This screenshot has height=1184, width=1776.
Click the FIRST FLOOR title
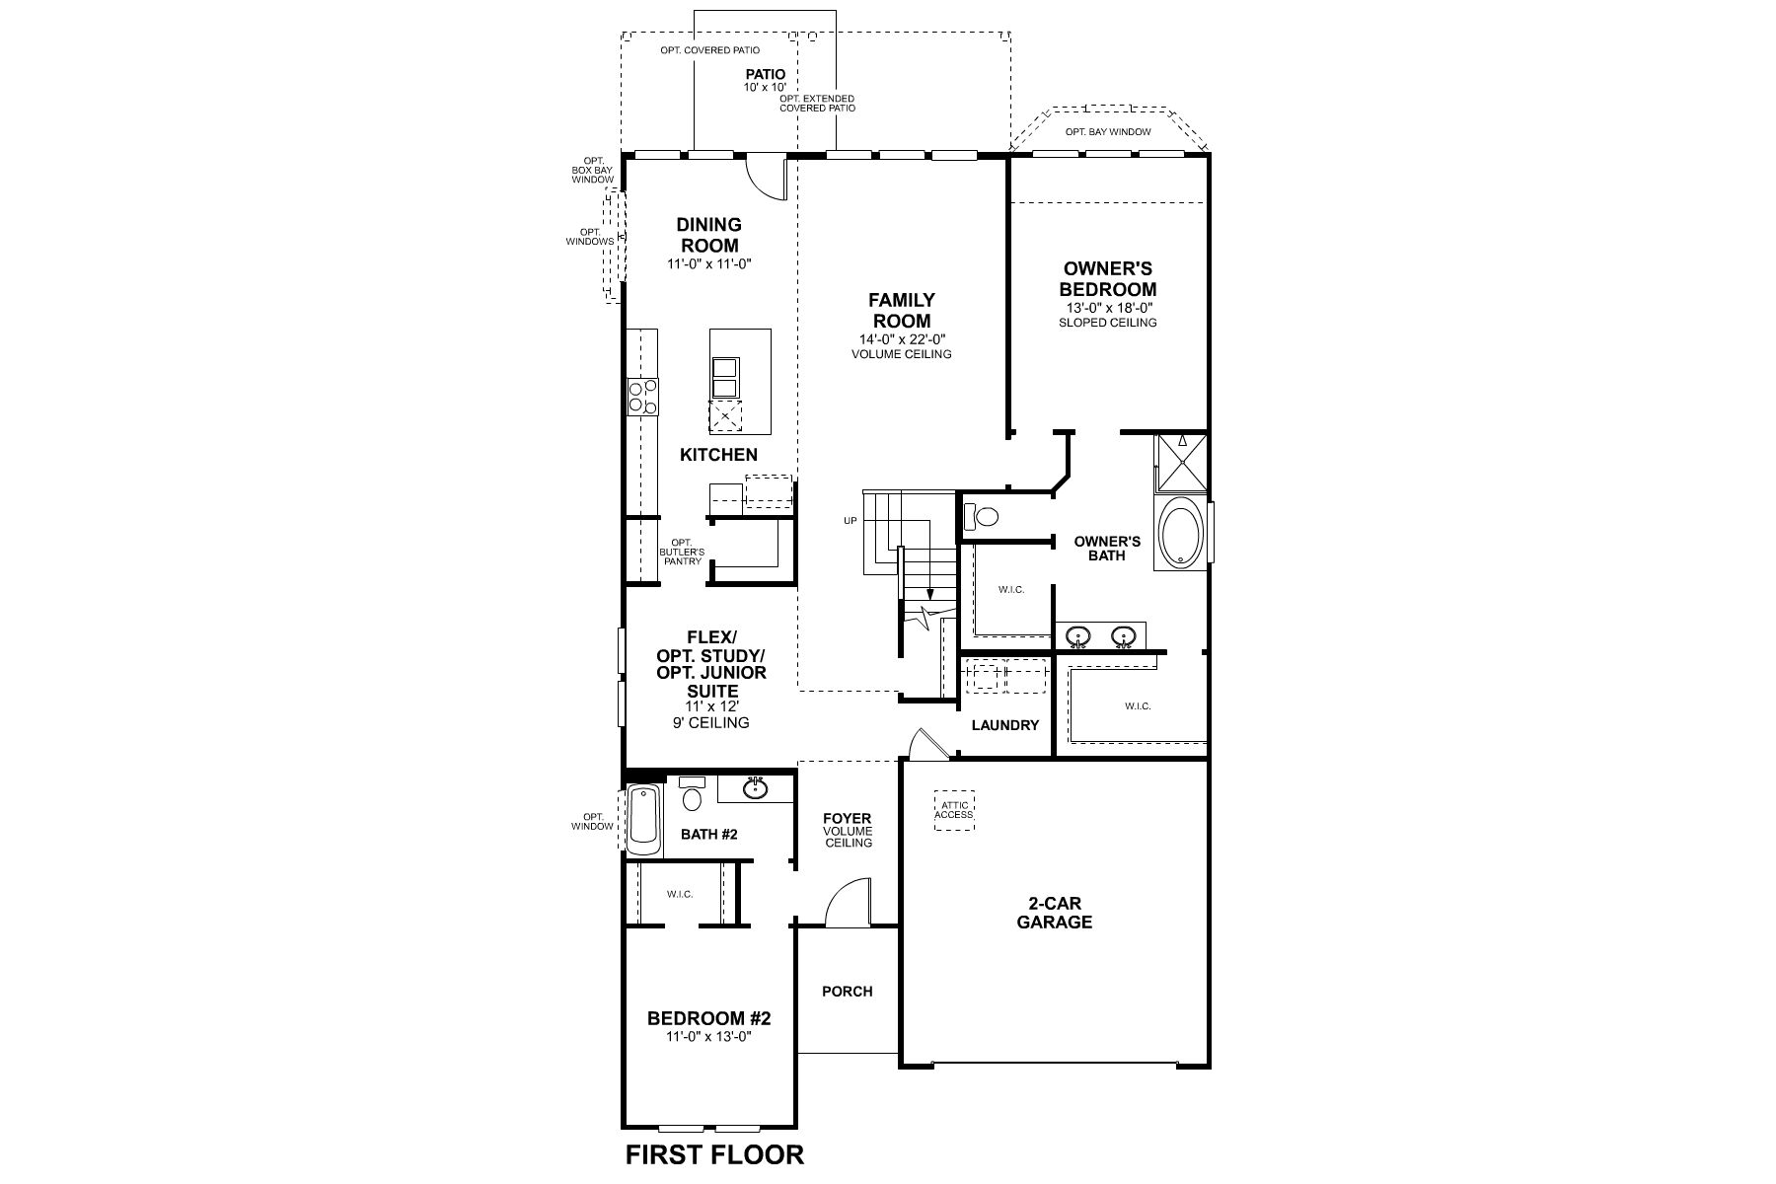[x=714, y=1154]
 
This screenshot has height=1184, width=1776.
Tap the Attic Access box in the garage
[x=955, y=810]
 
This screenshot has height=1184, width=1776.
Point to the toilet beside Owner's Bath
[x=982, y=516]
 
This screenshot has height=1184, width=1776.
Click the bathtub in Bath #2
[x=643, y=820]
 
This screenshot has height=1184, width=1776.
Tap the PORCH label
[x=848, y=992]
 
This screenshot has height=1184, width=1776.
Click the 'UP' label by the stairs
[x=851, y=521]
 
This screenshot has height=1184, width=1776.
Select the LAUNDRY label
[x=1005, y=725]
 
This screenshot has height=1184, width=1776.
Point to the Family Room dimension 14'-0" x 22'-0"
[x=902, y=339]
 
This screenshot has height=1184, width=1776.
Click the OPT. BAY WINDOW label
[x=1108, y=132]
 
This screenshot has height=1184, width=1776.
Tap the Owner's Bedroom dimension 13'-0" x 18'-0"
[x=1108, y=308]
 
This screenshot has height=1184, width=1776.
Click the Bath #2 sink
[x=756, y=787]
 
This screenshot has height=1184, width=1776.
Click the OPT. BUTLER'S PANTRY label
[x=682, y=552]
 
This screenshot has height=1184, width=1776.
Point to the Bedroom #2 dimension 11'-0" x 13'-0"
[x=709, y=1037]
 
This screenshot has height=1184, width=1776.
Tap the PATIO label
[x=766, y=74]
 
